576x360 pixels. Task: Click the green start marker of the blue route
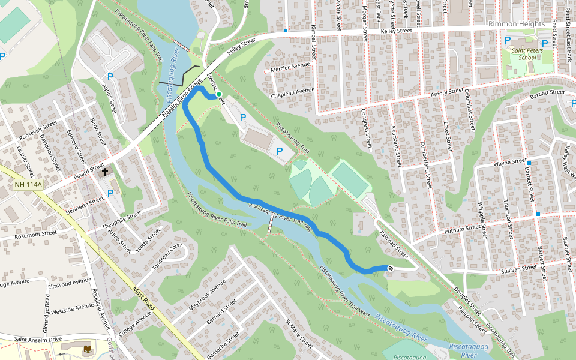coord(219,94)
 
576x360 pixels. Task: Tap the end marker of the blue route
coord(390,268)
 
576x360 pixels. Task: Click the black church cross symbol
coord(105,172)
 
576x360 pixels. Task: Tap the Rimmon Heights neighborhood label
coord(517,23)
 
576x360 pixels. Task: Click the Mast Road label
coord(145,298)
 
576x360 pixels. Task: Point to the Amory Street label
coord(448,94)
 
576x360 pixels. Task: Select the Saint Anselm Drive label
coord(37,339)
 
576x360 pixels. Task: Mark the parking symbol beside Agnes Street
coord(110,77)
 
